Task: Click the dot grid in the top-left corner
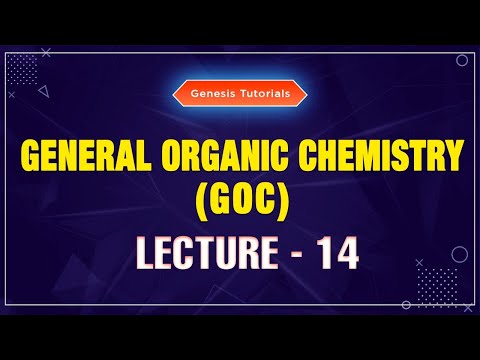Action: [x=22, y=70]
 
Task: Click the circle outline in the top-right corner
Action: [x=461, y=60]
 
